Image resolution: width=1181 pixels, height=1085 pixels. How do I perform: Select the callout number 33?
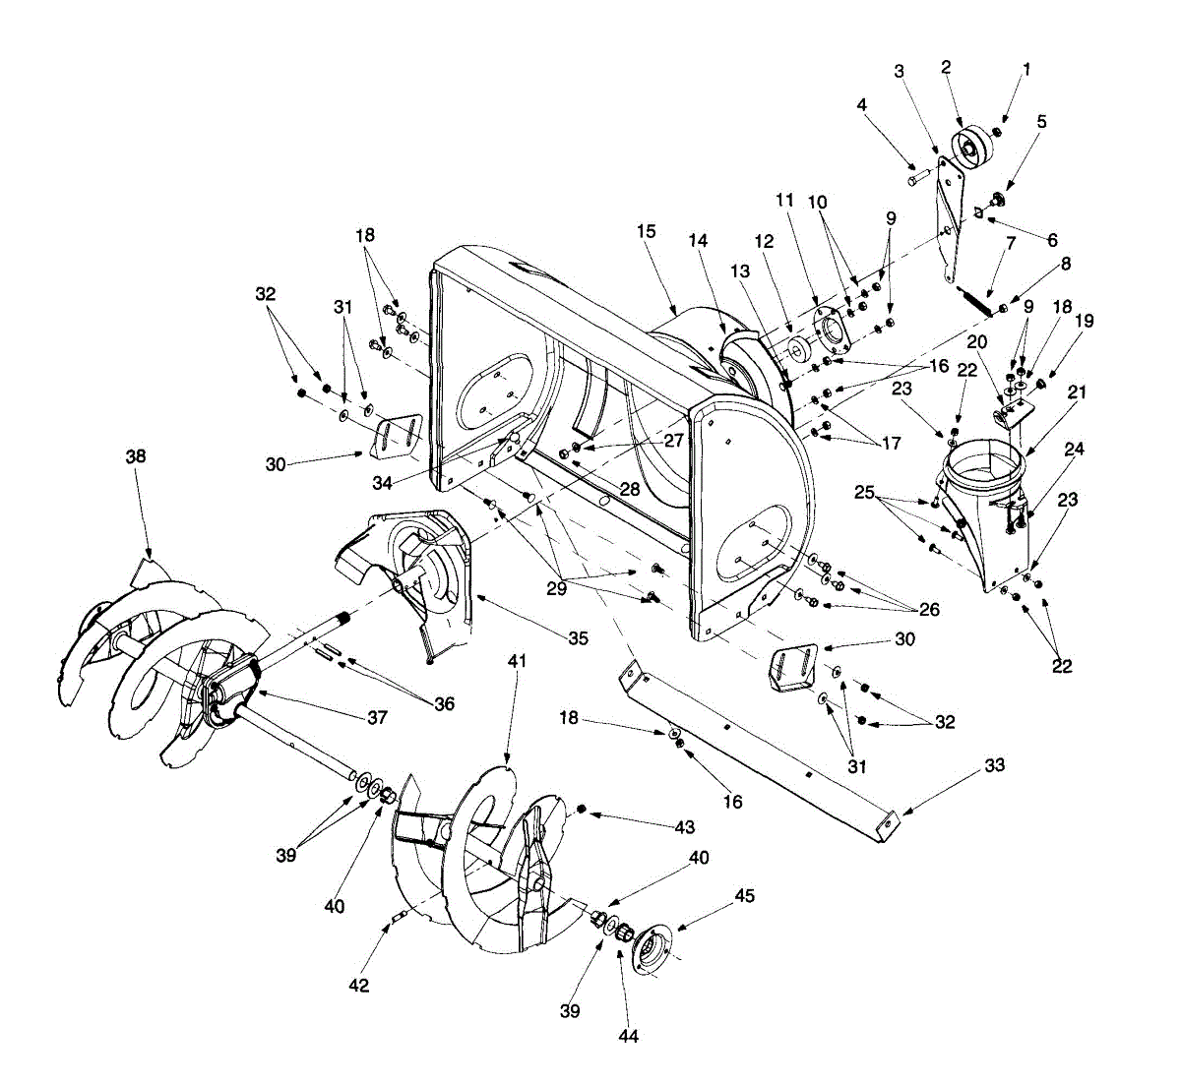click(x=994, y=764)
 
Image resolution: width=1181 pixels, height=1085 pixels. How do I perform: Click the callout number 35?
click(x=578, y=638)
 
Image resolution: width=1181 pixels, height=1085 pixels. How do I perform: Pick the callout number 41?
click(x=517, y=661)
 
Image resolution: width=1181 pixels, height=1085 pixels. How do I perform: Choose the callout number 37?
click(x=378, y=718)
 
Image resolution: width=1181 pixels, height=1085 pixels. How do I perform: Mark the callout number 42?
click(x=359, y=985)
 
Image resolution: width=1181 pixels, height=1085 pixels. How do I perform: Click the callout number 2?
click(x=946, y=67)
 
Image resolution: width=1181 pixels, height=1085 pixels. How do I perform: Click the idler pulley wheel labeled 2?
click(x=973, y=148)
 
